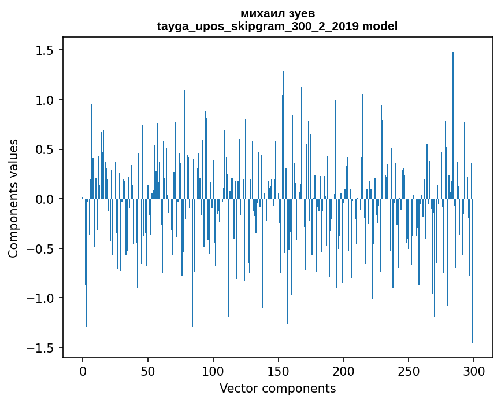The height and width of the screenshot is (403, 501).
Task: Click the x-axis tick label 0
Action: pos(83,371)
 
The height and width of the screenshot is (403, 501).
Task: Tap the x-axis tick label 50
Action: pos(148,371)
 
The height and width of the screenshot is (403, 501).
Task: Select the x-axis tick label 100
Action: pos(213,371)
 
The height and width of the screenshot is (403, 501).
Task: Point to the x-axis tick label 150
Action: pos(279,371)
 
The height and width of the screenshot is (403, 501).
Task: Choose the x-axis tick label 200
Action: pos(344,371)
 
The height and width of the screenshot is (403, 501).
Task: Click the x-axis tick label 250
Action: pos(409,371)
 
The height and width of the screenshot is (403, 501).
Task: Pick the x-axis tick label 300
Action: pos(474,371)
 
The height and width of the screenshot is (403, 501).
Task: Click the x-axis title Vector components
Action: pos(277,388)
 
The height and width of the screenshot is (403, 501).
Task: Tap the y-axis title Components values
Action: pos(13,198)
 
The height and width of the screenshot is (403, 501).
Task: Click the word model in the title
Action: pos(380,26)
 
